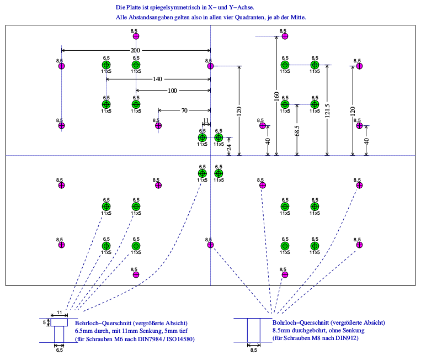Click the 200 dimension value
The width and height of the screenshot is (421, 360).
135,51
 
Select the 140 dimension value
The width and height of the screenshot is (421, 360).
158,80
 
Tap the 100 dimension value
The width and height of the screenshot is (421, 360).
173,90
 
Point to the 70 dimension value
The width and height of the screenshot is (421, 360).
184,110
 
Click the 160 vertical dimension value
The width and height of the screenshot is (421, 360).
276,97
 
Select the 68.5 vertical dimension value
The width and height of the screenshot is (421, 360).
297,131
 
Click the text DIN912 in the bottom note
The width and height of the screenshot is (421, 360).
347,338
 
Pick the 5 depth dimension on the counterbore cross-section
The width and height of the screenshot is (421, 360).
44,321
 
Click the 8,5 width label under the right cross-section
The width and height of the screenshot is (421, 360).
254,350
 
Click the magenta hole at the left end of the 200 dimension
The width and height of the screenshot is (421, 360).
61,66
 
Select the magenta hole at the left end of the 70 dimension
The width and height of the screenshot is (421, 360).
158,125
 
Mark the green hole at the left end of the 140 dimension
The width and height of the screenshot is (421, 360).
106,66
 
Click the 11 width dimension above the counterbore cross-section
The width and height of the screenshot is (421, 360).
60,313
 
